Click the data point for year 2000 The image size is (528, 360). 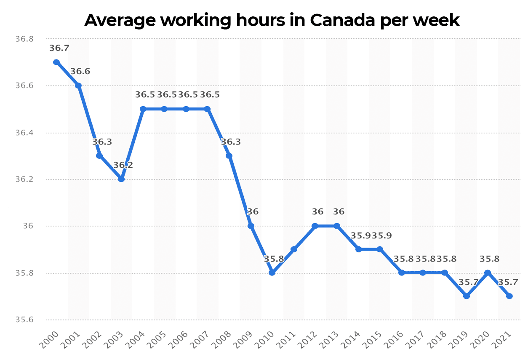click(56, 62)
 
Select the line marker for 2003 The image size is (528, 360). click(121, 179)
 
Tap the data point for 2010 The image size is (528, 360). click(272, 272)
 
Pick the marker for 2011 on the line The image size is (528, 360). click(294, 249)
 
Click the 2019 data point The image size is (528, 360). click(466, 296)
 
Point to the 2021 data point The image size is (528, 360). click(509, 296)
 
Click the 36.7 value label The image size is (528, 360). click(59, 48)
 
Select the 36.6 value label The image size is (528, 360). click(80, 72)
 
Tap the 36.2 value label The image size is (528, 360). click(123, 165)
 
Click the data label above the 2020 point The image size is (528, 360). click(489, 259)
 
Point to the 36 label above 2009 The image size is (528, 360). click(253, 212)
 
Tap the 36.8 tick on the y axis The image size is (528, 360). click(24, 39)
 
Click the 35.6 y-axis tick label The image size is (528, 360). click(24, 320)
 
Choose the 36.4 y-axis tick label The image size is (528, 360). click(24, 133)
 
